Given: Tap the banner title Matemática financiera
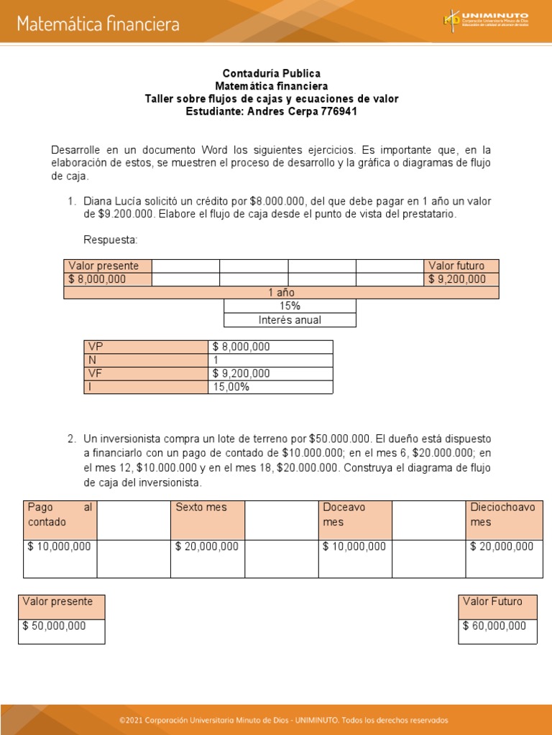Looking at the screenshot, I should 98,24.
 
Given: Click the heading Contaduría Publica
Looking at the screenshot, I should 271,73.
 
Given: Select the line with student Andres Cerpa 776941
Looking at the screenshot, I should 271,111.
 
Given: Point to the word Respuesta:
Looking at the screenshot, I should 110,239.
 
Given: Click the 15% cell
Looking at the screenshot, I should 290,306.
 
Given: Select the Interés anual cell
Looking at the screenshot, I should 290,320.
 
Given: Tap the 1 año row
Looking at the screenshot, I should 281,292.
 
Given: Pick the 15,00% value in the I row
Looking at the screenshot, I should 270,387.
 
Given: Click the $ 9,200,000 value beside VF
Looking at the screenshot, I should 270,373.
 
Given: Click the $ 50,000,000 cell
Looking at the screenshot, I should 61,631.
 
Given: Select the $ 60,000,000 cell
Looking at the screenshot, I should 497,631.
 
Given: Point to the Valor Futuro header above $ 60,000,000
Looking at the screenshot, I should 497,607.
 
